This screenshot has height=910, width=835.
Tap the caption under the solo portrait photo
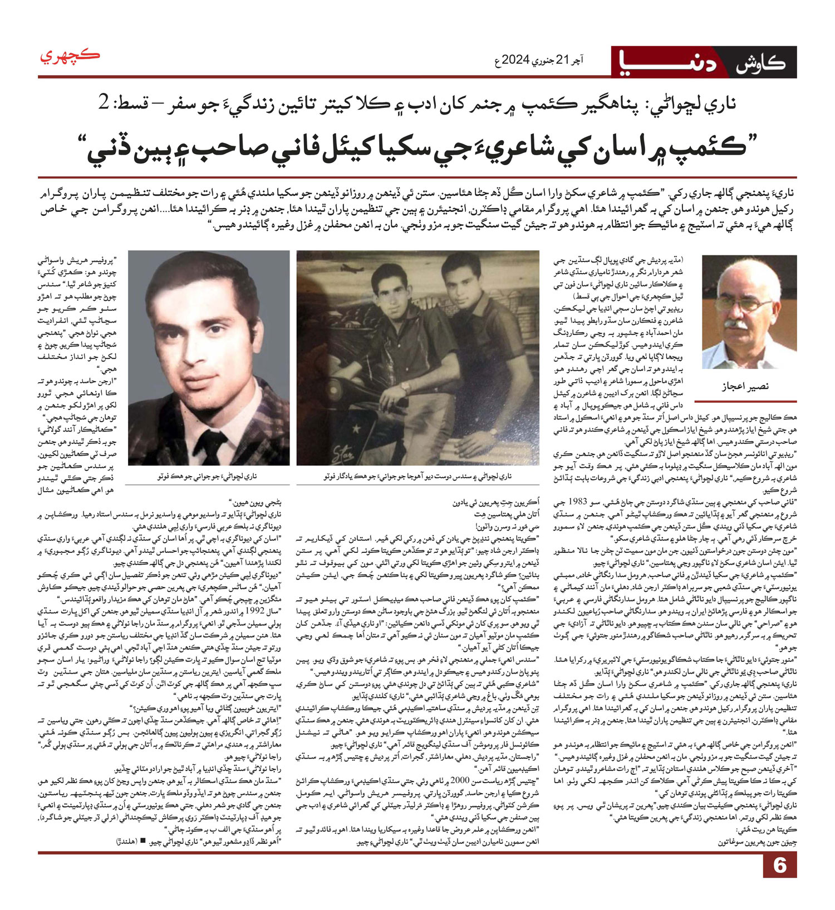click(209, 477)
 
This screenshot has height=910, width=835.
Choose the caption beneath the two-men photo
click(417, 477)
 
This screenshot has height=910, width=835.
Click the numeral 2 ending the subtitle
click(104, 103)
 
